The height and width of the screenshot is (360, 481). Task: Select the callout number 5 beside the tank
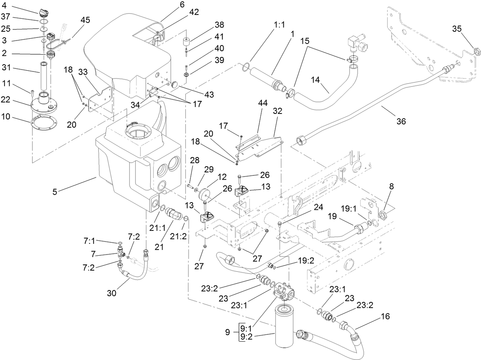(55, 191)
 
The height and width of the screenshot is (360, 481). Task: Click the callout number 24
(318, 208)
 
